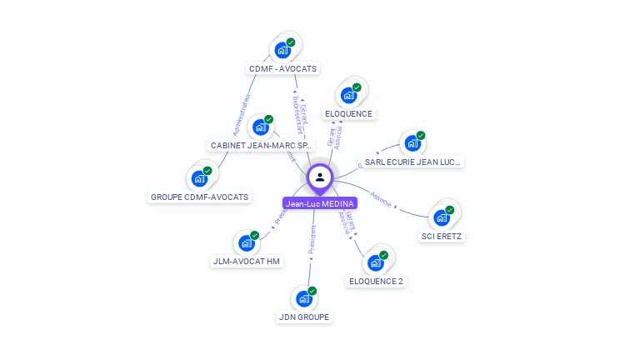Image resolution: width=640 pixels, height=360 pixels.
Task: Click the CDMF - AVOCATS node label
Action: coord(282,68)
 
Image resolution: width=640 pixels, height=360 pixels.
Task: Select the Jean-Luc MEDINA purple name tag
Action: coord(320,203)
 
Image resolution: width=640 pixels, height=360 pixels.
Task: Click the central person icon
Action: coord(320,177)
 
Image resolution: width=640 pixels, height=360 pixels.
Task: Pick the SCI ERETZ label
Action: coord(442,236)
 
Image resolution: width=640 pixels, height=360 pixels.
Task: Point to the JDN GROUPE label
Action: coord(303,317)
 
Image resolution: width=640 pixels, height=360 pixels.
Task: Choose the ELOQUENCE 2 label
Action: coord(376,281)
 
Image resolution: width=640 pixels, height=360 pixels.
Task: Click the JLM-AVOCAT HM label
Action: coord(247,261)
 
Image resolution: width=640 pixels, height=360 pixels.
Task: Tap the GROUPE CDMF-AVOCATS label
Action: coord(199,197)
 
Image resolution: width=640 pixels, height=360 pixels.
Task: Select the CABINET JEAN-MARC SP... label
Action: coord(261,145)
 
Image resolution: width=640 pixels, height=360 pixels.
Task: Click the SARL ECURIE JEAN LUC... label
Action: coord(412,162)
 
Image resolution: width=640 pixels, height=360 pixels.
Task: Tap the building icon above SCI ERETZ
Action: coord(442,217)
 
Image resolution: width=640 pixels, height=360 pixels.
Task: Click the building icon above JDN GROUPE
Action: coord(303,298)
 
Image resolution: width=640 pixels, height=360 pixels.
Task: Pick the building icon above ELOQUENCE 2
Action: coord(376,262)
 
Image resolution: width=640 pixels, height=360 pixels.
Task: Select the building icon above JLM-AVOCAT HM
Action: coord(247,242)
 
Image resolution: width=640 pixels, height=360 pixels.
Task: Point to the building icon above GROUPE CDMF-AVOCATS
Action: coord(199,177)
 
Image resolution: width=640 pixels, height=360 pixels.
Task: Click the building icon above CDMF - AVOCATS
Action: coord(282,50)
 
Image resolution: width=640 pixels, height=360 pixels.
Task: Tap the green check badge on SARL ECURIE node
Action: coord(421,135)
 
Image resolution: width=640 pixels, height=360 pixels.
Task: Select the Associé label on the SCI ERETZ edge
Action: coord(382,201)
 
